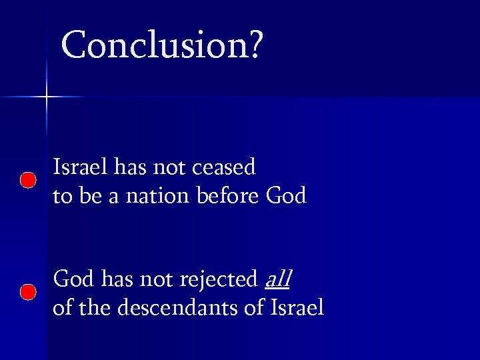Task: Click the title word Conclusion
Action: (x=155, y=45)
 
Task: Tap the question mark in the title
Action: (x=256, y=45)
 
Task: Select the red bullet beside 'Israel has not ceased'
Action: (x=27, y=180)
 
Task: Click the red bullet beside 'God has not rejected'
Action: (x=27, y=292)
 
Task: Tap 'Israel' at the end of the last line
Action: (x=297, y=308)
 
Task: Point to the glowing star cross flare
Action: (x=47, y=97)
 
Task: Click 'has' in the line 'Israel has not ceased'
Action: (x=129, y=167)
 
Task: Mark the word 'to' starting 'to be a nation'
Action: (x=61, y=197)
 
